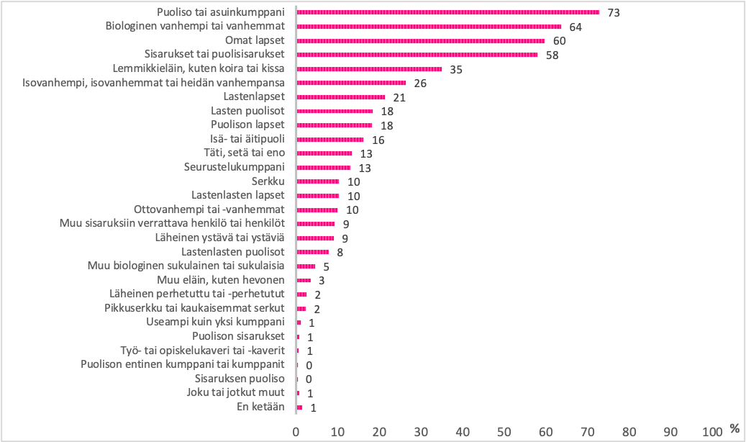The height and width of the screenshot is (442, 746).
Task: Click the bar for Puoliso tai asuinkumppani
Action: [447, 12]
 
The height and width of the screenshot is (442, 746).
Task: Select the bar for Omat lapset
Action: [421, 40]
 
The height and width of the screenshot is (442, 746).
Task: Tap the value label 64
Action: [575, 27]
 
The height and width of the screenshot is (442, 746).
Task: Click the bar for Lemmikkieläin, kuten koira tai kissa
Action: [369, 69]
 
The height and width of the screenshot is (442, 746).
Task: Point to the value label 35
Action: [455, 70]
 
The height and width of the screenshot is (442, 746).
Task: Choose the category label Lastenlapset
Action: [254, 96]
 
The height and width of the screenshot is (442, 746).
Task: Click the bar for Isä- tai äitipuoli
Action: [330, 139]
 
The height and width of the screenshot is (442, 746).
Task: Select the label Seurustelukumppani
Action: [235, 167]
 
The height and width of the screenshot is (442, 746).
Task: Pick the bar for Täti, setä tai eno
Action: [324, 153]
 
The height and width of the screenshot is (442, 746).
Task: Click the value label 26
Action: [419, 84]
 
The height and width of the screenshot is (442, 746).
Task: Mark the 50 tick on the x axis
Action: [504, 431]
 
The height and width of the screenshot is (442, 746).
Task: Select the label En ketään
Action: [260, 407]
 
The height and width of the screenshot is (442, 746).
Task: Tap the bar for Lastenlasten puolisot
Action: [313, 252]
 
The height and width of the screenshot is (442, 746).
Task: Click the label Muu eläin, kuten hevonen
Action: [221, 279]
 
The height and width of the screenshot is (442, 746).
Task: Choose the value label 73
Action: [613, 13]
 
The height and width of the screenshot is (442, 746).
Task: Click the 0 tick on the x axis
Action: [296, 431]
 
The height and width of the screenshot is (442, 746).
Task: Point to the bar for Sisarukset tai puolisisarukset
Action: [417, 55]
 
